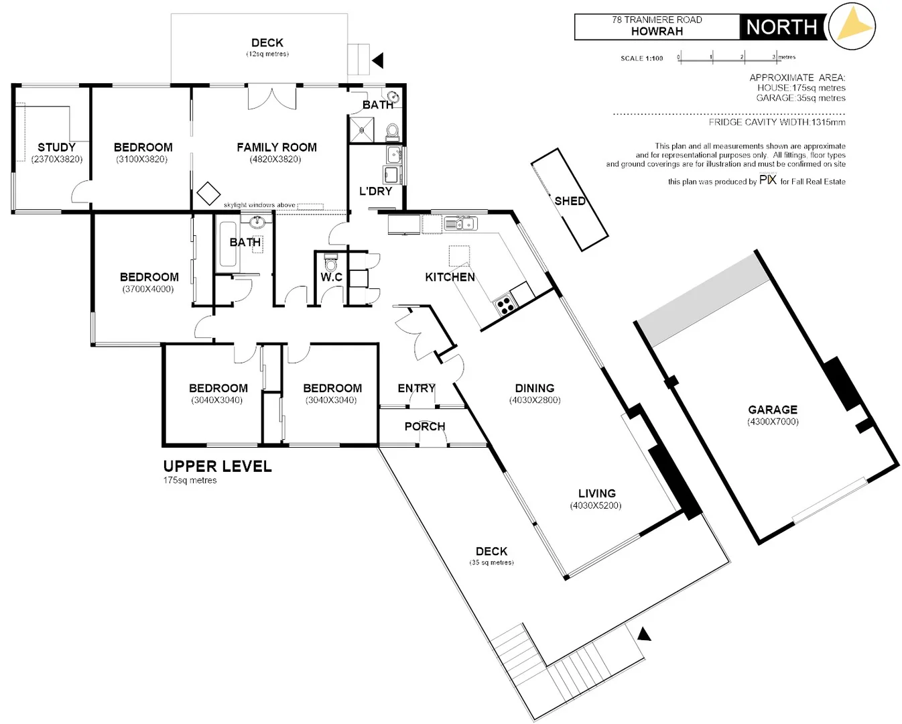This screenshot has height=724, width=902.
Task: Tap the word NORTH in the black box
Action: pos(781,27)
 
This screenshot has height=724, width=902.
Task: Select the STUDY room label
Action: pos(56,147)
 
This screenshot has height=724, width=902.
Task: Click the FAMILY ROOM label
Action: pos(276,147)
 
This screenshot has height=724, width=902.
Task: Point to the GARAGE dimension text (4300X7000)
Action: pos(773,422)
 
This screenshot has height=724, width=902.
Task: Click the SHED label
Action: pos(570,201)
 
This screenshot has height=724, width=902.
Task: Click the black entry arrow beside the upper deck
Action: pos(378,60)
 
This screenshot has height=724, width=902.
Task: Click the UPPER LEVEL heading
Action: pos(217,467)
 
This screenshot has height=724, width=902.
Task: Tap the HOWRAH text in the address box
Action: pos(657,32)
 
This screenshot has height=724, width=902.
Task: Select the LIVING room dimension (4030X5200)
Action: pos(596,505)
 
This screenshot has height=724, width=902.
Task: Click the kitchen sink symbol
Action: pos(460,223)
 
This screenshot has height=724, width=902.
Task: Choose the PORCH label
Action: pos(424,426)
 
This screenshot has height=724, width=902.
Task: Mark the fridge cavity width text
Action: pos(777,122)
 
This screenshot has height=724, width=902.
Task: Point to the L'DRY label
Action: pos(375,191)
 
